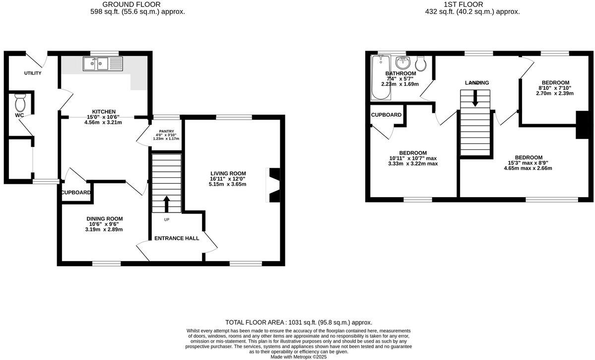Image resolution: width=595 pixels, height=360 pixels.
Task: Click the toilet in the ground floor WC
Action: pos(20,103)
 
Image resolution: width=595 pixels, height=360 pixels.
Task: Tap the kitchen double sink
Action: pos(103,64)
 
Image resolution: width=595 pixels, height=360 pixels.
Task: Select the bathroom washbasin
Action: pos(403,64)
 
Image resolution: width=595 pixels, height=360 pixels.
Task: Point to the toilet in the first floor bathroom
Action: pos(421,63)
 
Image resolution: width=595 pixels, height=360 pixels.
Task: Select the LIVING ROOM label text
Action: pos(228,173)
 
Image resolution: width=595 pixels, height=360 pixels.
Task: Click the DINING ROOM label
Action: pos(104,218)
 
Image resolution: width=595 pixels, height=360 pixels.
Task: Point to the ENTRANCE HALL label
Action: pos(177,238)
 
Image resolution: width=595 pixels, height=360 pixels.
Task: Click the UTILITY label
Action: pos(33,73)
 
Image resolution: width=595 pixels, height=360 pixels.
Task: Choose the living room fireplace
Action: pos(274,185)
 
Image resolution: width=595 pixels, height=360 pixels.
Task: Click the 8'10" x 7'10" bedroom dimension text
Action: pos(555,88)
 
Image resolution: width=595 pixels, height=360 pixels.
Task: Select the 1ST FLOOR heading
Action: pos(472,4)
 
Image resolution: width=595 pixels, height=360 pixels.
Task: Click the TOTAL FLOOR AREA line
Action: pos(298,322)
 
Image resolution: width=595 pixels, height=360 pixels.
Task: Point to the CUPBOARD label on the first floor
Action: pos(387,115)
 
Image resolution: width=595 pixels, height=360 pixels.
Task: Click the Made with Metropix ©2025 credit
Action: pos(298,357)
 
